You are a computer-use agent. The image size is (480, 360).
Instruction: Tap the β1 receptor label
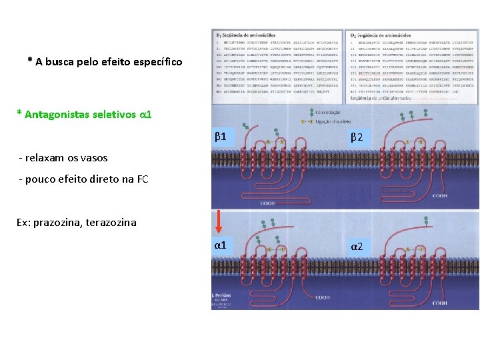(x=221, y=137)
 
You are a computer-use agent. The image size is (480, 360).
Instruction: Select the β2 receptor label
(x=357, y=137)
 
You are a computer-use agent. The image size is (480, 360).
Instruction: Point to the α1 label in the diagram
(x=221, y=245)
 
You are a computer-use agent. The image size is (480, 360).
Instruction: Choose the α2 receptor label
(x=357, y=247)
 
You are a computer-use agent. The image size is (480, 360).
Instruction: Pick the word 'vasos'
(x=94, y=158)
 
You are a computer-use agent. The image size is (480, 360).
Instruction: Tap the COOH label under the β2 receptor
(x=440, y=196)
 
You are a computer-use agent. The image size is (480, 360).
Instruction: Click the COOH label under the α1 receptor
(x=322, y=298)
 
